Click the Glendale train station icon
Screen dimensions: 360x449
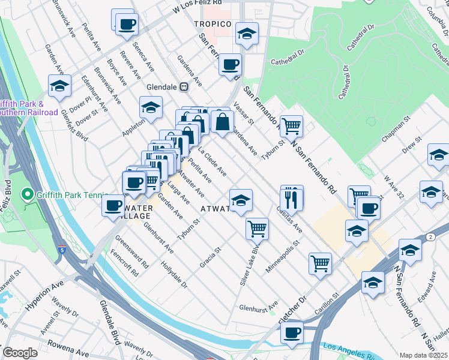[x=185, y=86]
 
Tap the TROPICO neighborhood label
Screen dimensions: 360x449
[x=212, y=24]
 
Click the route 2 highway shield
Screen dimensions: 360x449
[x=432, y=238]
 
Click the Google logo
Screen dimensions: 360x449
[x=20, y=352]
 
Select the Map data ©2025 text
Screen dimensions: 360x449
[x=423, y=355]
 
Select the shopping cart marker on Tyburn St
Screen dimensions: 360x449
[x=291, y=126]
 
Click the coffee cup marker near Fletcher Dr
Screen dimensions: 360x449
[x=292, y=332]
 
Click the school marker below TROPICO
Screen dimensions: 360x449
[x=246, y=34]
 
